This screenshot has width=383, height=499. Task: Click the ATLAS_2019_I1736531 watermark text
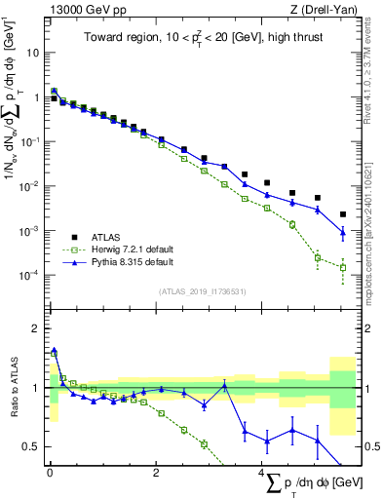(x=204, y=291)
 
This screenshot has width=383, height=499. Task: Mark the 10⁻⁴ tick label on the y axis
(x=31, y=276)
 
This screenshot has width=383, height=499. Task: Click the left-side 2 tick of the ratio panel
(x=39, y=327)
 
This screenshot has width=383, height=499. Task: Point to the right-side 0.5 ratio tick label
(x=372, y=447)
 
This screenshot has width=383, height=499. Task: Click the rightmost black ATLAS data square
(x=342, y=214)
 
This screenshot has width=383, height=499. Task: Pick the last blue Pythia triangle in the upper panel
(x=342, y=233)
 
